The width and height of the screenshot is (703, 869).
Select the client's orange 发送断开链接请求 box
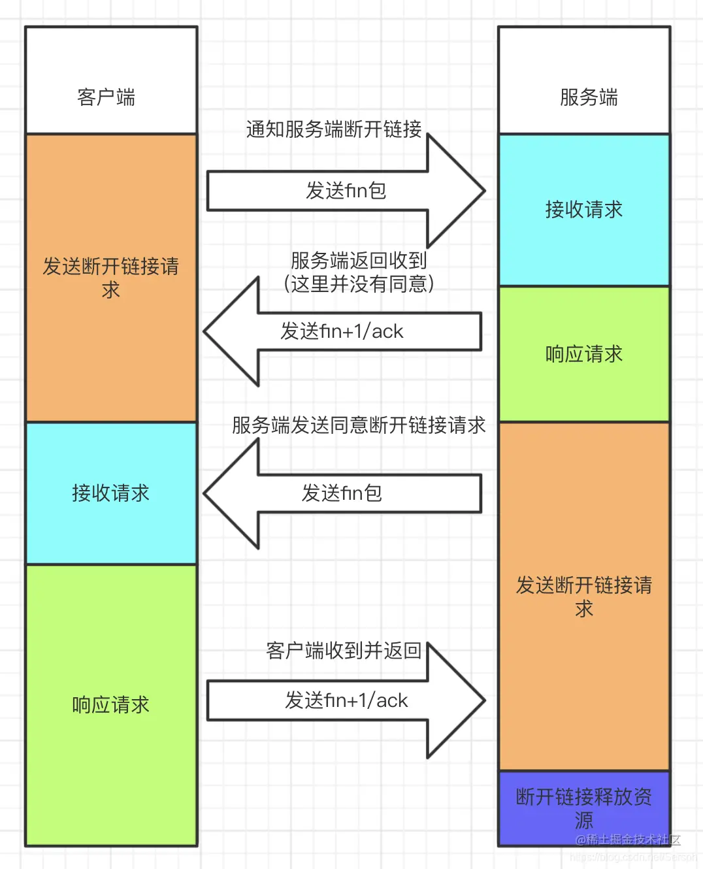(x=111, y=278)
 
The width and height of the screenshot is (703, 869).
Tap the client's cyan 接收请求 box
(x=111, y=493)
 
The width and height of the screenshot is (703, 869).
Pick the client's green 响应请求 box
(x=111, y=704)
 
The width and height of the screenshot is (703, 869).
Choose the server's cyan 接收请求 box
(x=584, y=210)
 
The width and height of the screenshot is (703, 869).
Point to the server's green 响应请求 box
(x=584, y=354)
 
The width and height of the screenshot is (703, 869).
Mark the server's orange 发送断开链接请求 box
(x=584, y=596)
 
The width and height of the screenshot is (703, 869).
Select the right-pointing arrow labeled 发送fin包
(x=346, y=191)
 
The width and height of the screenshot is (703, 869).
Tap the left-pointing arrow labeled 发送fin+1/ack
(x=342, y=331)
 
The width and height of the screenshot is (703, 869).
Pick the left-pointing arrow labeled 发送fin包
(x=342, y=493)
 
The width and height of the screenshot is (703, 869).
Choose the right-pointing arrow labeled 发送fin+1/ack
(x=346, y=700)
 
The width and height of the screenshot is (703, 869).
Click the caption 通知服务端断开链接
(x=334, y=129)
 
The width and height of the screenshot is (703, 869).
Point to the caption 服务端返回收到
(x=359, y=261)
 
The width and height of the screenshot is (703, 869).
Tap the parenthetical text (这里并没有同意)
(x=359, y=284)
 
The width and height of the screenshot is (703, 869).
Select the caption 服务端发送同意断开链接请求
(x=359, y=425)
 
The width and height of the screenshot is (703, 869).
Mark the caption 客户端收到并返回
(x=344, y=651)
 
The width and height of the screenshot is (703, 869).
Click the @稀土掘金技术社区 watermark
(x=628, y=840)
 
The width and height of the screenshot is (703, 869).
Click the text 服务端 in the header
(x=589, y=97)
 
